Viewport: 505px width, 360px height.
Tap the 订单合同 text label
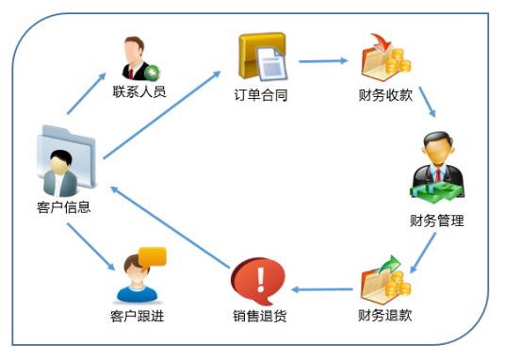coord(260,95)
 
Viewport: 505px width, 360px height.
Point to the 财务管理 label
coord(437,221)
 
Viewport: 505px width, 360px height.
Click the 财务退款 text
coord(385,315)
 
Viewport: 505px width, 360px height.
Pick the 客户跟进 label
coord(138,315)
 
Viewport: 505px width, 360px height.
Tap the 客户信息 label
coord(63,206)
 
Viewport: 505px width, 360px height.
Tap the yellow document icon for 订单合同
coord(261,57)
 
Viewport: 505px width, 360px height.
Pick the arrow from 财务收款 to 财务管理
coord(425,102)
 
